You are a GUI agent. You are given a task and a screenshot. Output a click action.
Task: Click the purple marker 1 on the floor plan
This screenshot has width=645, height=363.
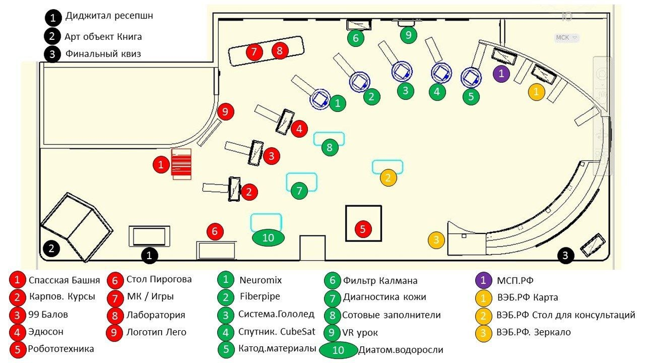[x=501, y=74]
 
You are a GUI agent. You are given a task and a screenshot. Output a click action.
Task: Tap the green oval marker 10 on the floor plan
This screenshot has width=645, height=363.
[x=268, y=238]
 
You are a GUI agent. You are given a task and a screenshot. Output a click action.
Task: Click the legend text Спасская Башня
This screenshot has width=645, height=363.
[x=64, y=280]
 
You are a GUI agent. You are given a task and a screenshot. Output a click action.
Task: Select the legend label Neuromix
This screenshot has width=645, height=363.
[x=261, y=280]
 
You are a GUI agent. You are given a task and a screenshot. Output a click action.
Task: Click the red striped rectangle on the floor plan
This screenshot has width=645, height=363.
[x=181, y=164]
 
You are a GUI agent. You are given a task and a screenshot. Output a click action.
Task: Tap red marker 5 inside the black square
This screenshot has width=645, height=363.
[x=363, y=229]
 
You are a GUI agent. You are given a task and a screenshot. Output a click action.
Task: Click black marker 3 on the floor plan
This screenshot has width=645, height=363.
[x=565, y=255]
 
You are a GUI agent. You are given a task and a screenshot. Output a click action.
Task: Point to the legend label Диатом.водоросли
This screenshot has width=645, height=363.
[x=400, y=350]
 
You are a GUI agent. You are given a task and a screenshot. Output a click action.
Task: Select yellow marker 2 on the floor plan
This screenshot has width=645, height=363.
[x=388, y=178]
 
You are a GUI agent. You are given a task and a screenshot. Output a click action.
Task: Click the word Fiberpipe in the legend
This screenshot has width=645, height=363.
[x=260, y=296]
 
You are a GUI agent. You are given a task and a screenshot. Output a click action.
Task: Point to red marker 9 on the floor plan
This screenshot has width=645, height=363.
[x=225, y=112]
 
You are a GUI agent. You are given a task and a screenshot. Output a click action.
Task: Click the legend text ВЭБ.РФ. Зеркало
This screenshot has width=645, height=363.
[x=534, y=332]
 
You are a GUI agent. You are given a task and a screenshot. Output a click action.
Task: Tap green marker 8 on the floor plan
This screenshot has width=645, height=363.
[x=329, y=147]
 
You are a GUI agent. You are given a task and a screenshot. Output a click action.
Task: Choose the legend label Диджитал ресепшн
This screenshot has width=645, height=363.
[x=109, y=16]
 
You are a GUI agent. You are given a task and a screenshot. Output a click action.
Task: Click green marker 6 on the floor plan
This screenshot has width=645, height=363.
[x=356, y=38]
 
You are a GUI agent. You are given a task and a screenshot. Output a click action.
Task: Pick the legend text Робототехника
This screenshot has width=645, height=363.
[x=61, y=348]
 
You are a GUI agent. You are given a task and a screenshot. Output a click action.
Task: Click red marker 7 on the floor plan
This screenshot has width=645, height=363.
[x=254, y=52]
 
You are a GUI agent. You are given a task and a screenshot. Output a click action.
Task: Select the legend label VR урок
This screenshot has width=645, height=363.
[x=360, y=333]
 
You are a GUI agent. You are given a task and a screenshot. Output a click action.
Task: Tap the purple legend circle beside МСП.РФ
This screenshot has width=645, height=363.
[x=483, y=280]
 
